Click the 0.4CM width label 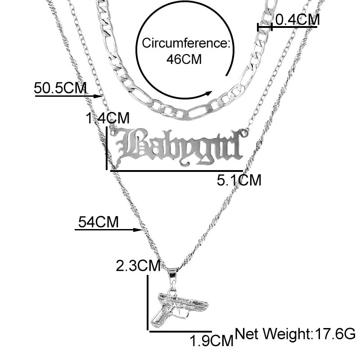[x=297, y=19]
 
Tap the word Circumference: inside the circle [x=186, y=43]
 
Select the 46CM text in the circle [x=184, y=59]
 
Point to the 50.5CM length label [x=60, y=88]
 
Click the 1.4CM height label [x=108, y=118]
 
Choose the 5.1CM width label [x=239, y=180]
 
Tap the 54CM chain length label [x=99, y=222]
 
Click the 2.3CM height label [x=138, y=266]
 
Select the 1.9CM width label [x=211, y=341]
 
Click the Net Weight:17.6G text [x=295, y=333]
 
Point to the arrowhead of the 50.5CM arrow [x=98, y=96]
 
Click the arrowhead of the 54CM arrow [x=138, y=229]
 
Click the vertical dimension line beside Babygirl [x=107, y=148]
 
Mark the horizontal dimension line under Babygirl [x=176, y=171]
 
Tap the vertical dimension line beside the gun [x=148, y=302]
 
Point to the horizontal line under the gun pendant [x=180, y=331]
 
